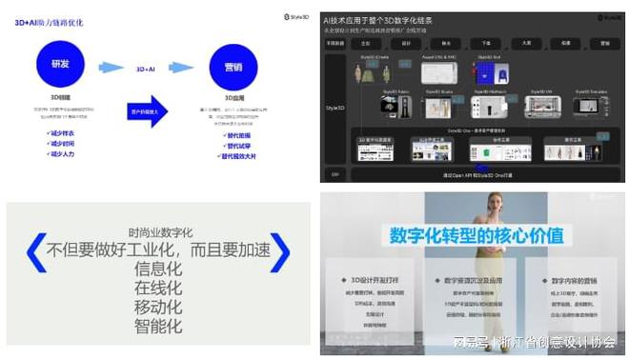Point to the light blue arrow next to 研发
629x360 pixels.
coord(111,68)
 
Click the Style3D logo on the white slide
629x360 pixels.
coord(293,16)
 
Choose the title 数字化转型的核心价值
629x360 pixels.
coord(472,235)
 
